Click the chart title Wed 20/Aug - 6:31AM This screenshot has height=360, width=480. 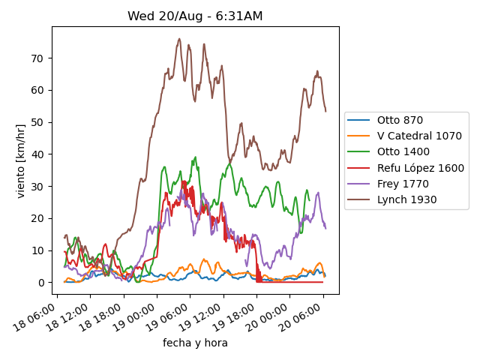(x=195, y=16)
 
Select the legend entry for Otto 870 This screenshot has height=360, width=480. (x=400, y=120)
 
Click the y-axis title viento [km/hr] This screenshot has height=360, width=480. (x=21, y=160)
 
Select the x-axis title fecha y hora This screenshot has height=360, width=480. (x=195, y=343)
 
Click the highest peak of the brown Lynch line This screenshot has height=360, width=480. (x=179, y=38)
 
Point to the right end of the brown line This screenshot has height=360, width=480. (x=325, y=111)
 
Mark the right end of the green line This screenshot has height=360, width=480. (x=309, y=199)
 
